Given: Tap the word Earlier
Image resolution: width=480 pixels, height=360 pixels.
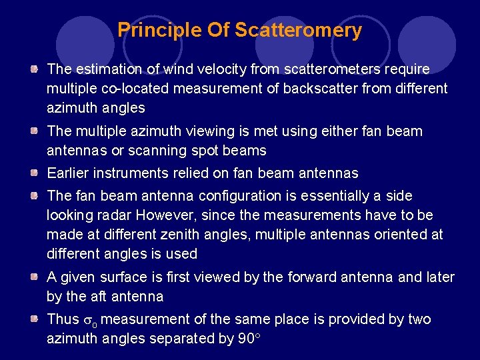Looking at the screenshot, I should (x=69, y=173).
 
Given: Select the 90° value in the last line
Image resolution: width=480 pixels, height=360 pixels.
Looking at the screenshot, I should (x=248, y=339).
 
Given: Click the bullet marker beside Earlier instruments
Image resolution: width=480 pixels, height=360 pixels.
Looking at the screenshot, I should (x=33, y=173).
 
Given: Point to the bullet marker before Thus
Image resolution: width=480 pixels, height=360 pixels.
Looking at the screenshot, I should (x=33, y=319).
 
